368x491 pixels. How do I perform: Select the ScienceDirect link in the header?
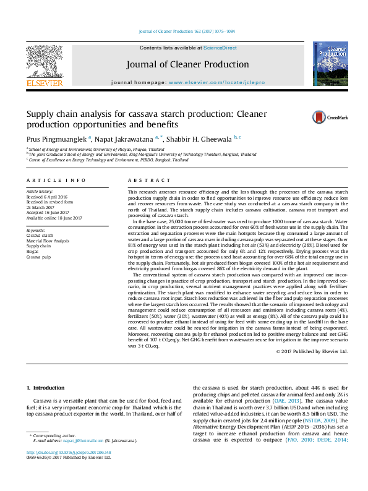pyautogui.click(x=220, y=48)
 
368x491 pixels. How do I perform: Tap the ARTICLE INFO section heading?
pyautogui.click(x=56, y=180)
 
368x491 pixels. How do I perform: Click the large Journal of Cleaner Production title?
pyautogui.click(x=187, y=64)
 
